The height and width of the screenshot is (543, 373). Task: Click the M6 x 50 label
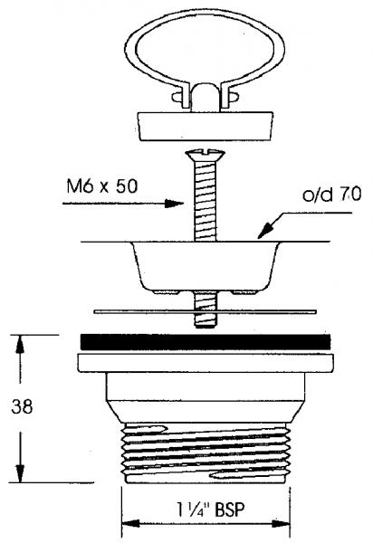point(102,186)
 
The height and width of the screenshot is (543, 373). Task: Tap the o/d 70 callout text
point(331,194)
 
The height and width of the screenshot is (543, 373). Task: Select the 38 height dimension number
point(22,406)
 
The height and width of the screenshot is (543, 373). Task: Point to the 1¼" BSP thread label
point(210,510)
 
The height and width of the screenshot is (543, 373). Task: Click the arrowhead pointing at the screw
point(174,204)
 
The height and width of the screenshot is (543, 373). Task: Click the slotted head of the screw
point(205,155)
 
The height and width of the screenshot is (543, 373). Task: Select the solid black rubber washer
point(205,342)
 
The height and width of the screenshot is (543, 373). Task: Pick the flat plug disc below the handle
point(205,126)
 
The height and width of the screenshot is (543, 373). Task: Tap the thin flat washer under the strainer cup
point(205,311)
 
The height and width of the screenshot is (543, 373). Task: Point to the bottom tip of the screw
point(205,327)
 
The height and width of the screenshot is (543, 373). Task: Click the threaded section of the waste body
point(205,453)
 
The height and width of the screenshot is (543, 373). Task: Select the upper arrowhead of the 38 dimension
point(20,344)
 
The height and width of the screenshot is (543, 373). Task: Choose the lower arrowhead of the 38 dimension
point(20,473)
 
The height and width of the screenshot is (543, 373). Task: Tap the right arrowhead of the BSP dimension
point(281,523)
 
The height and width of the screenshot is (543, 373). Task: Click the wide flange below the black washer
point(206,363)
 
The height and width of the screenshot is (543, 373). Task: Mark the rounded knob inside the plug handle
point(205,98)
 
